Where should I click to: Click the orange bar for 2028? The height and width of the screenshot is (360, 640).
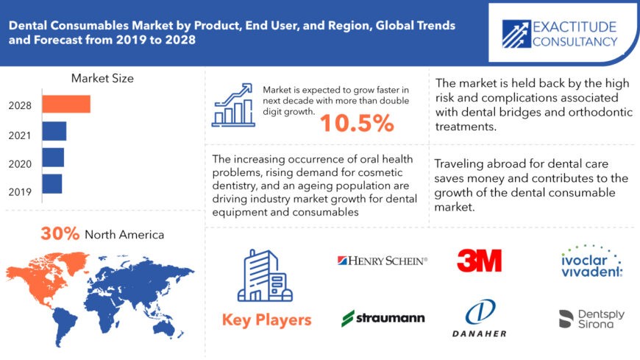(x=65, y=105)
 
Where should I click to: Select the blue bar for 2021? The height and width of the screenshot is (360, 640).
(x=54, y=131)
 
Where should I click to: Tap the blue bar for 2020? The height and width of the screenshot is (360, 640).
(x=52, y=158)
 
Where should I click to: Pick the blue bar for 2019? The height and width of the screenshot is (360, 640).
(x=51, y=183)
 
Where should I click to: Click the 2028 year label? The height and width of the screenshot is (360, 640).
(x=21, y=105)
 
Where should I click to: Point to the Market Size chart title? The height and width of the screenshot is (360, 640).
(x=102, y=78)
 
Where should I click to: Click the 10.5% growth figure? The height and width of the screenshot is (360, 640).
(x=357, y=124)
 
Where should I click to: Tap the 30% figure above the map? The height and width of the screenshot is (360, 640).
(x=60, y=234)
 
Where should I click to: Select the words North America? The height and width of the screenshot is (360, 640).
(x=124, y=235)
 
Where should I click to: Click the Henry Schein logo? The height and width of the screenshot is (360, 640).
(x=383, y=260)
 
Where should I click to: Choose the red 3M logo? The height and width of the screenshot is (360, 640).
(x=479, y=260)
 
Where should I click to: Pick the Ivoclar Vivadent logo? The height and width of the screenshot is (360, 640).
(x=589, y=261)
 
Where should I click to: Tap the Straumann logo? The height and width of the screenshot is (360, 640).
(x=383, y=318)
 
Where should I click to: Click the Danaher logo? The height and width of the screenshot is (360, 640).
(x=479, y=318)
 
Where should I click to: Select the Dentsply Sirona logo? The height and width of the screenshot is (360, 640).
(x=591, y=318)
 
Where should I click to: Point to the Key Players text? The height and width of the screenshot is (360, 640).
(x=266, y=320)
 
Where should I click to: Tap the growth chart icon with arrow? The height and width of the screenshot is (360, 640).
(x=233, y=105)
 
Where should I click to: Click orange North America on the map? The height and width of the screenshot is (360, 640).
(x=44, y=276)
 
